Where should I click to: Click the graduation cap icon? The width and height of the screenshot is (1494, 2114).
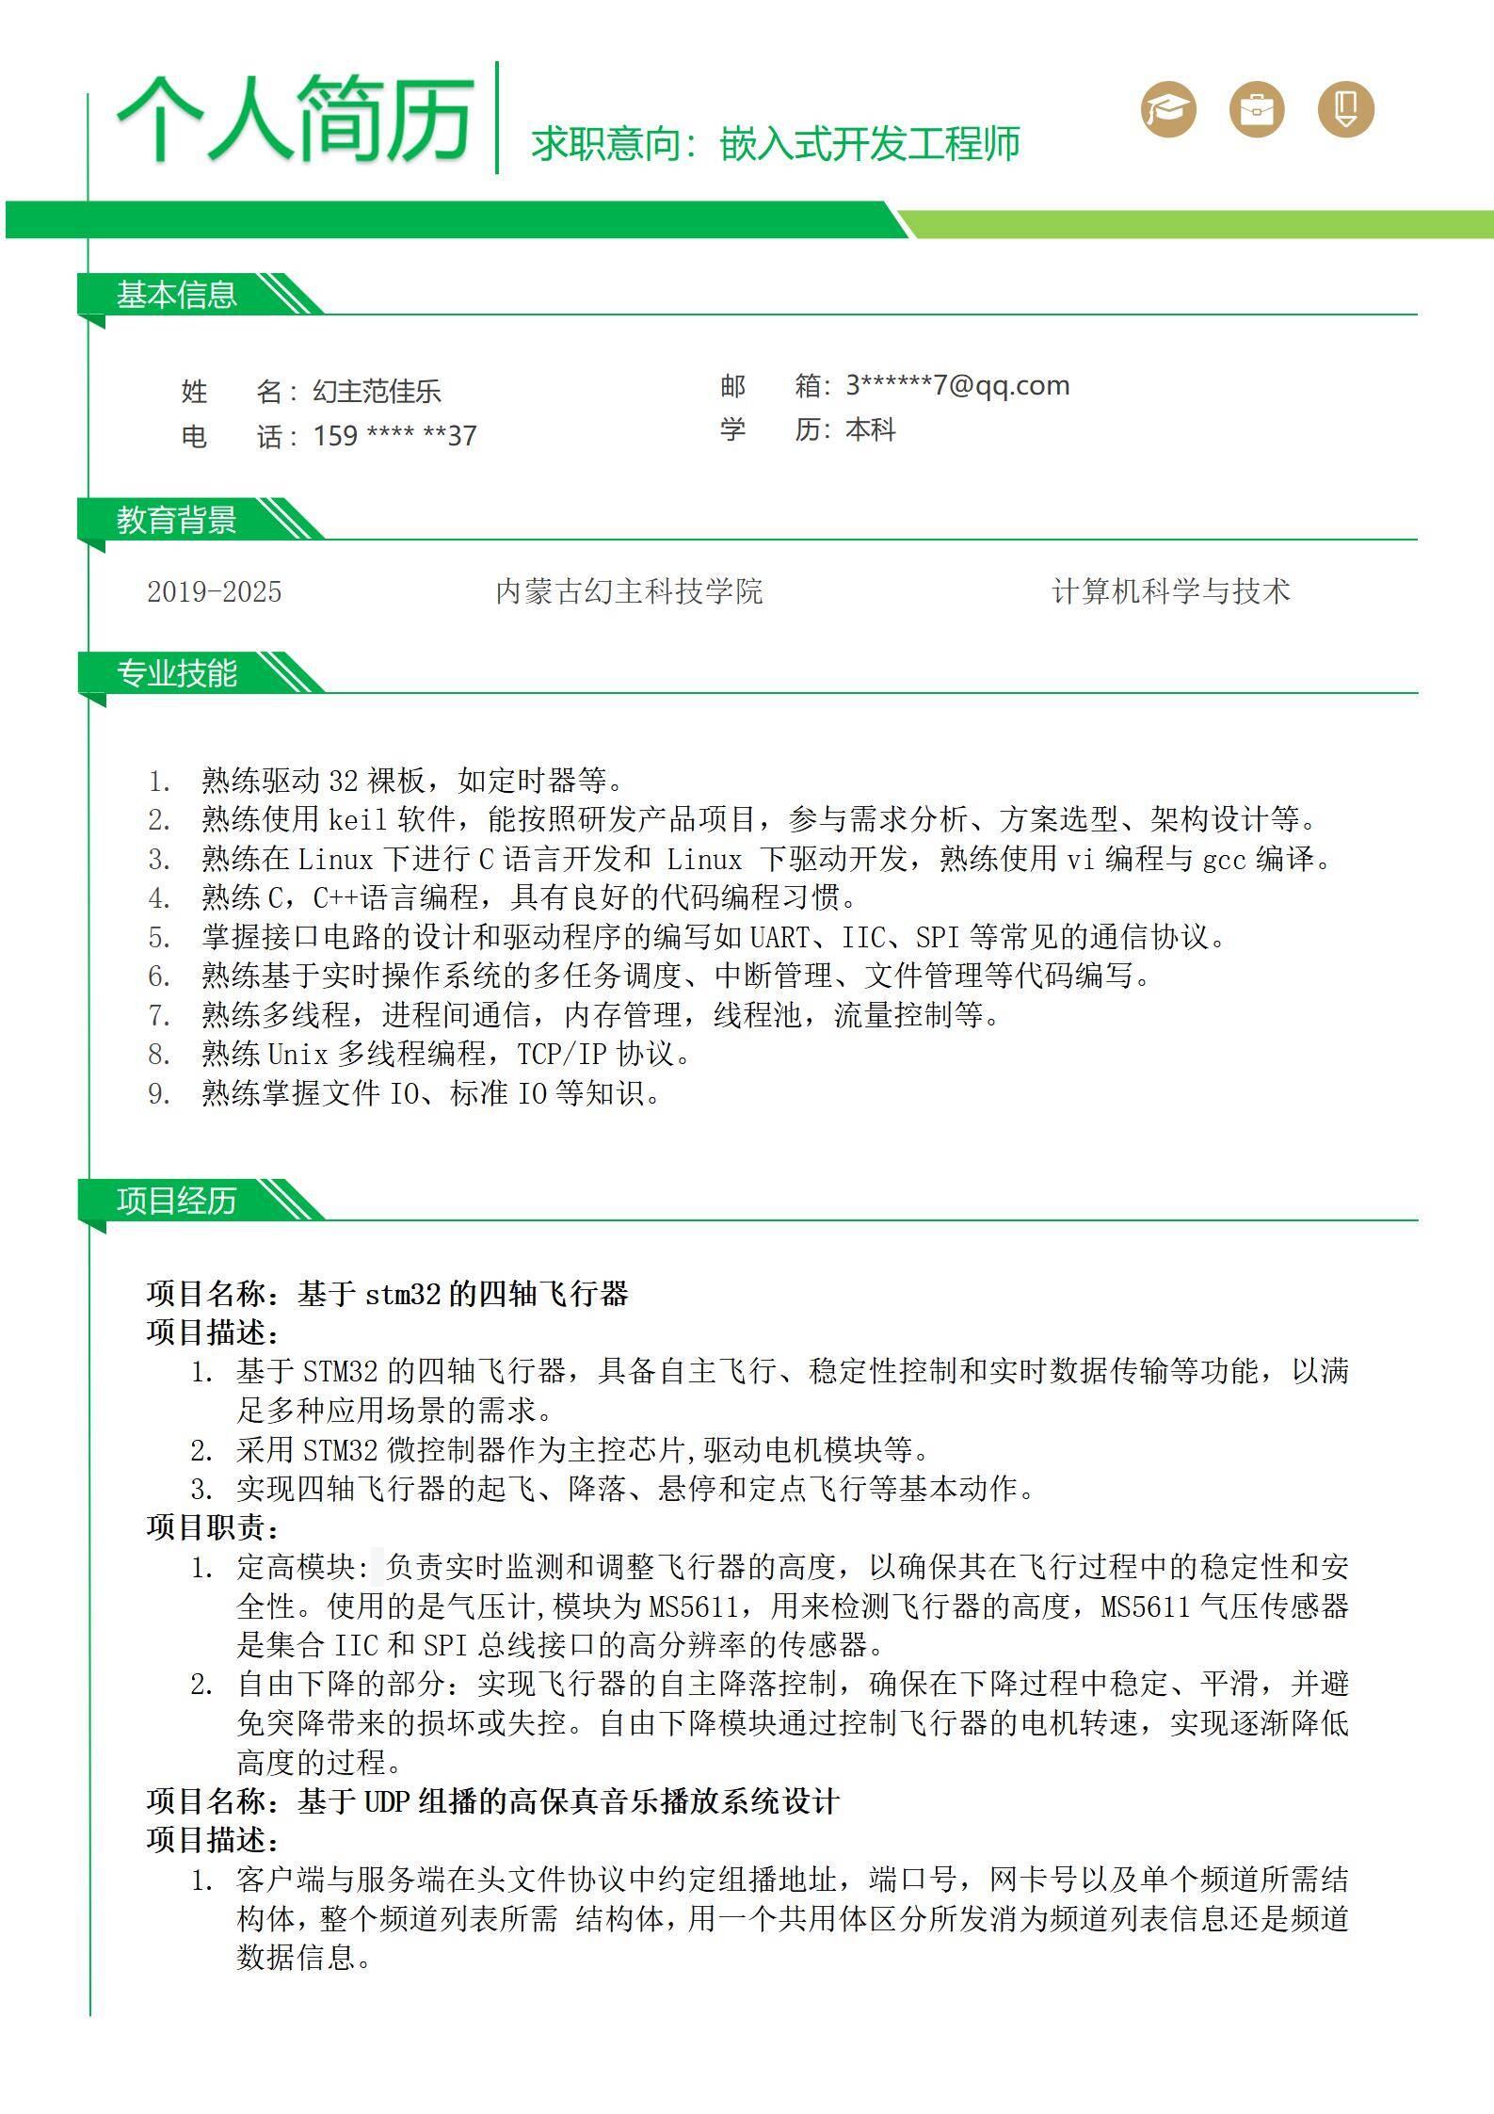click(1168, 109)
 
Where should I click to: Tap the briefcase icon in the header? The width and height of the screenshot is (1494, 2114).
click(1257, 109)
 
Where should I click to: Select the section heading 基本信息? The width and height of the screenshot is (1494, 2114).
click(176, 295)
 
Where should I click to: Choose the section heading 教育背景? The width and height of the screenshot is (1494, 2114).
click(176, 520)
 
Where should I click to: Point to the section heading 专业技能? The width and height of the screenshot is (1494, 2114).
click(176, 673)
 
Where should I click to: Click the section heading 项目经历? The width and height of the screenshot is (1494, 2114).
click(176, 1201)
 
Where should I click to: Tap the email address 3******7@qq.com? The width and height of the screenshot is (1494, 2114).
click(957, 385)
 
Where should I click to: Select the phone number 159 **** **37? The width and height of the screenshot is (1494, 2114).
click(394, 436)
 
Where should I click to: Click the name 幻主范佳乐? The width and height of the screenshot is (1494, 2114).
click(377, 392)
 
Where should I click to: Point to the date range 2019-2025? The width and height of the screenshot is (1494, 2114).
click(214, 591)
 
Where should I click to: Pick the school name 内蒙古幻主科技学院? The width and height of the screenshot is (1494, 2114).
click(629, 591)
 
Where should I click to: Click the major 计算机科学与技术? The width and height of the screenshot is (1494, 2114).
click(1171, 591)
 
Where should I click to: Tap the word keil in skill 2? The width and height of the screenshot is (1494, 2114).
click(358, 819)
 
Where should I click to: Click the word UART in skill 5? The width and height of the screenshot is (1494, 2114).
click(779, 937)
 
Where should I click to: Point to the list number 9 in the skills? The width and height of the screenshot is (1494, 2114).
click(157, 1093)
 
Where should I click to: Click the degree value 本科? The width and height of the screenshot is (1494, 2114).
click(871, 429)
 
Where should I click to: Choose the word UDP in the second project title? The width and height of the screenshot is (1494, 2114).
click(386, 1801)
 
